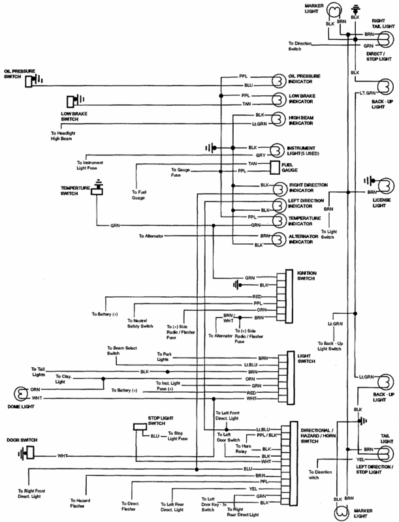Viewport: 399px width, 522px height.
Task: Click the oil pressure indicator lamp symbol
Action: (276, 80)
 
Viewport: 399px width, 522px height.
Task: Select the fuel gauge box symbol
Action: (274, 168)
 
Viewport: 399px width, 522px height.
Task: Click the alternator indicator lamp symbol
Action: (276, 239)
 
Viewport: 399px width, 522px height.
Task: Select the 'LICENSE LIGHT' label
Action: (380, 202)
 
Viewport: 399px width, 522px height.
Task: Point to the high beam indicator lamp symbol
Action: (276, 120)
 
